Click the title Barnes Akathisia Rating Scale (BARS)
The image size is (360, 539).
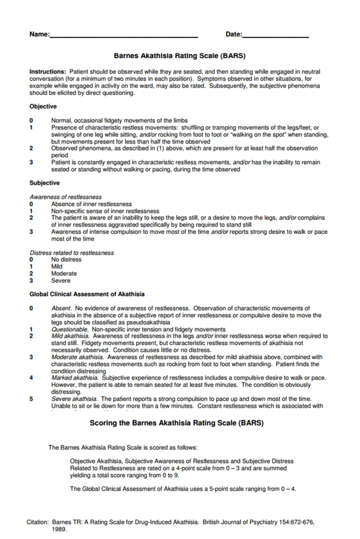(x=179, y=55)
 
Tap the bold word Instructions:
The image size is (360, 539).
(x=48, y=72)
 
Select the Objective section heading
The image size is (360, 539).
(x=43, y=106)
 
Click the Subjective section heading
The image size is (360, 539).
(x=45, y=183)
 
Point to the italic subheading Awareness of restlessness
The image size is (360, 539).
(x=66, y=197)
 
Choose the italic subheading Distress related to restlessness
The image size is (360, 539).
(x=72, y=253)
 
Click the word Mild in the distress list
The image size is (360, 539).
(x=57, y=266)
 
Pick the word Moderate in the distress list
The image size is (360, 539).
(x=64, y=273)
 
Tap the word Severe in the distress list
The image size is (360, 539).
(x=61, y=281)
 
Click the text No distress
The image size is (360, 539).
(x=66, y=259)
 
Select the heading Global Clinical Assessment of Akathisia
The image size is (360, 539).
(x=87, y=294)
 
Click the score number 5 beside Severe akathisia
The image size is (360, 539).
(x=32, y=399)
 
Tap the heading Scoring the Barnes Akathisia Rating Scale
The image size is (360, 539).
(x=177, y=423)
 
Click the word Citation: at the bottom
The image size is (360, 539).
(x=38, y=522)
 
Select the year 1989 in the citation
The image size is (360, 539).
(x=59, y=529)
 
